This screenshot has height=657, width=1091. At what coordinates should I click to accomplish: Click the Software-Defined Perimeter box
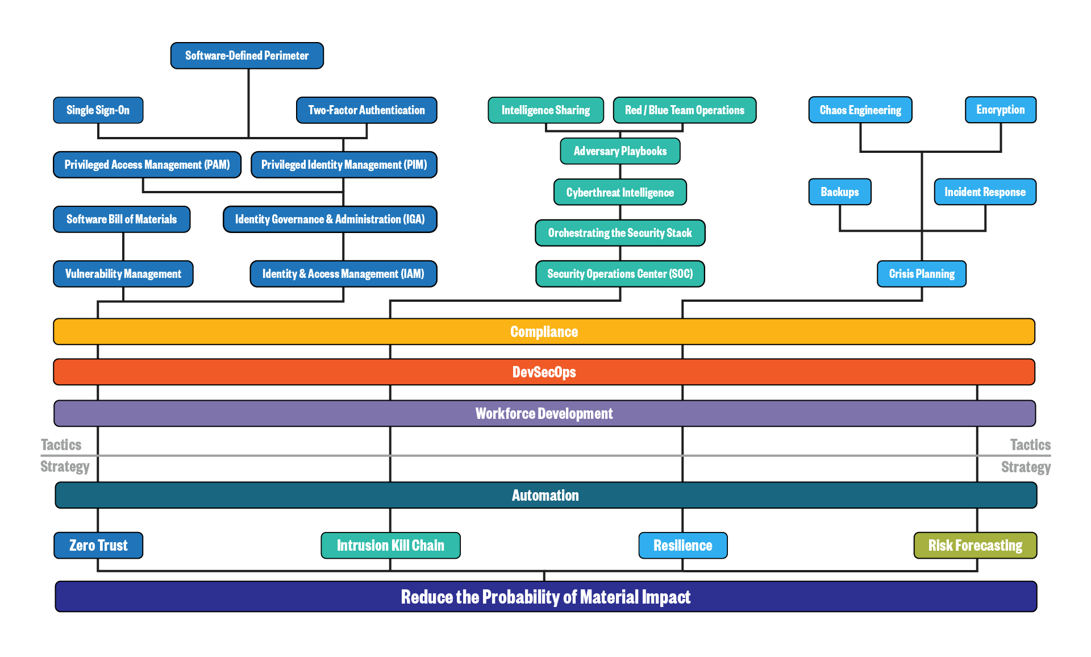[247, 56]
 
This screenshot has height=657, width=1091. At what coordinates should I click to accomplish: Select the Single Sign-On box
[98, 110]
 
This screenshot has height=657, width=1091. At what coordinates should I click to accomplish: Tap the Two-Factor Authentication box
[367, 110]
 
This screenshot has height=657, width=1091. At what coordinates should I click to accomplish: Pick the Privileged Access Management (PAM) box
[147, 165]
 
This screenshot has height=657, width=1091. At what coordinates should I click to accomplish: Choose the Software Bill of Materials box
[122, 219]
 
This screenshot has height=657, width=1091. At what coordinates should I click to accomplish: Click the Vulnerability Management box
[123, 274]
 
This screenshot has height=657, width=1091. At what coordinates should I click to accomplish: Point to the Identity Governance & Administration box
[330, 219]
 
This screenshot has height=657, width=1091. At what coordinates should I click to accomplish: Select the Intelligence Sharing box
[545, 110]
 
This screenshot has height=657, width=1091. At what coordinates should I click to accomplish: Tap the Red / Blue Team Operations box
[685, 110]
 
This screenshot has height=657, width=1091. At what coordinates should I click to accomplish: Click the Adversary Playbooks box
[620, 151]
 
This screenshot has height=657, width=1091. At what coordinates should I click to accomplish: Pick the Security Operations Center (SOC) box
[620, 274]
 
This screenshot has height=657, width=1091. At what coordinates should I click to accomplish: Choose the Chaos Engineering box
[860, 110]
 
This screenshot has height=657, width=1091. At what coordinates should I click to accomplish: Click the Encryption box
[1001, 110]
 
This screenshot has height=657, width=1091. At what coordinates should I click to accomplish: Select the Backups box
[840, 192]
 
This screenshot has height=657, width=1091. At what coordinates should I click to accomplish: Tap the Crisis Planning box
[922, 274]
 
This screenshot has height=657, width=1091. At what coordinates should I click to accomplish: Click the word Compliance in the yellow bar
[544, 332]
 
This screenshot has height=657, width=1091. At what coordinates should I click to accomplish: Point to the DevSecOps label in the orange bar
[544, 372]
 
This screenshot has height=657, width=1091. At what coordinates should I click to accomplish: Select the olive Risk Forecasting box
[975, 546]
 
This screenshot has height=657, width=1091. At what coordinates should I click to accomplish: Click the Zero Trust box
[98, 546]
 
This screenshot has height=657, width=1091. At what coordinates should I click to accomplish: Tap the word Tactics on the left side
[61, 445]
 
